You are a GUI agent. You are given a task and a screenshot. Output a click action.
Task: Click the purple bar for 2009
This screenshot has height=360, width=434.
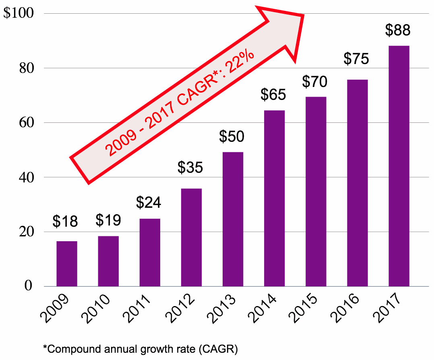tap(67, 264)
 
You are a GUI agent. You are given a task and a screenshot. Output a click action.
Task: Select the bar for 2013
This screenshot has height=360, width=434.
tap(233, 219)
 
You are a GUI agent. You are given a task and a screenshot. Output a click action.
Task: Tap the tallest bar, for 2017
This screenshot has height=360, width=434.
tap(399, 166)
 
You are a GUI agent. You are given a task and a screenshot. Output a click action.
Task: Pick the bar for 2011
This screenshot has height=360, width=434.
tap(150, 252)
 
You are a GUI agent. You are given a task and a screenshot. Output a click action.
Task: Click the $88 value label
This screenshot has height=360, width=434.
tap(398, 31)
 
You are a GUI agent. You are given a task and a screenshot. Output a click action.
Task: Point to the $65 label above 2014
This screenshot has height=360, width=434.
tap(273, 95)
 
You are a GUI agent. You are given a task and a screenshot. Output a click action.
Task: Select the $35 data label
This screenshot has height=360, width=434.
tap(190, 168)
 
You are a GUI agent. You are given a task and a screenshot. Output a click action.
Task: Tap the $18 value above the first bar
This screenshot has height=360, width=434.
tap(66, 221)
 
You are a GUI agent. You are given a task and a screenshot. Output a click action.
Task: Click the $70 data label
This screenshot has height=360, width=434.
tap(315, 82)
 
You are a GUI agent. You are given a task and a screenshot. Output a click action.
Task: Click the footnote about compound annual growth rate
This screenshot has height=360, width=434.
tap(141, 348)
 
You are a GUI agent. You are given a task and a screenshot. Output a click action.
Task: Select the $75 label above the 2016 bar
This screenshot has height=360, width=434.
tap(356, 59)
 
